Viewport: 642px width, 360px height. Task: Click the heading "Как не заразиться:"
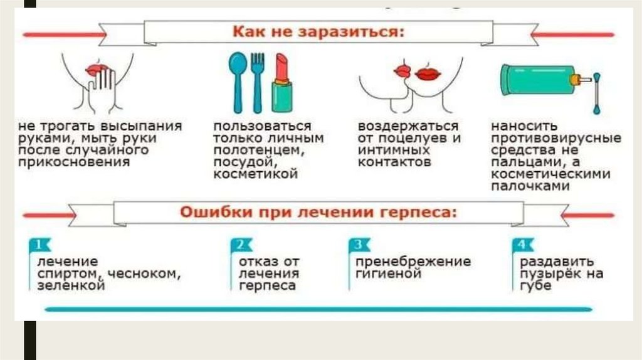tap(318, 31)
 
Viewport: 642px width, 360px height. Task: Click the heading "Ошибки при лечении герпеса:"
tap(318, 212)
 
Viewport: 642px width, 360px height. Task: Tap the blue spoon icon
tap(238, 80)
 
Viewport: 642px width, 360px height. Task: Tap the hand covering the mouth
tap(102, 88)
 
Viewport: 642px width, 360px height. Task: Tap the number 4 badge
tap(520, 245)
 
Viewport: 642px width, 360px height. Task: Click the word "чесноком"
tap(144, 273)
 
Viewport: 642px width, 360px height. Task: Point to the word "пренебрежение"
tap(413, 261)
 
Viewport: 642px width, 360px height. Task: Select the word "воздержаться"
tap(408, 126)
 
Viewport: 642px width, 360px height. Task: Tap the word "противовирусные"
tap(555, 138)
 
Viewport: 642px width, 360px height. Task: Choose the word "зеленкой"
tap(70, 285)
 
